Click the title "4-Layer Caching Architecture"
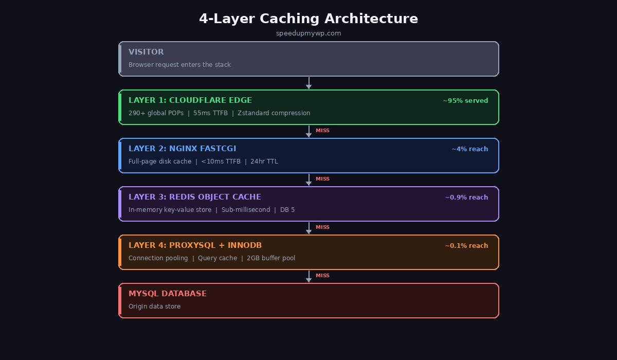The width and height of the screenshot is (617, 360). (x=308, y=19)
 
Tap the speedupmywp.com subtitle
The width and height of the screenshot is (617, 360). (x=308, y=33)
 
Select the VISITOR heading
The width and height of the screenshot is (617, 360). (x=146, y=52)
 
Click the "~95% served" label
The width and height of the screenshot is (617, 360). (x=465, y=101)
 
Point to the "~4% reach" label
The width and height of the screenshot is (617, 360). (x=470, y=149)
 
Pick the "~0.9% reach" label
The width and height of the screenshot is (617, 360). (x=466, y=197)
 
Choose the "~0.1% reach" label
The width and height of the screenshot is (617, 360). (x=466, y=246)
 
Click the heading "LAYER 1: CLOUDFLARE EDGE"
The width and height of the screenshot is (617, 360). (x=190, y=100)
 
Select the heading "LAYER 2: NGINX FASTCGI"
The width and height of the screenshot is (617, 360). (x=183, y=149)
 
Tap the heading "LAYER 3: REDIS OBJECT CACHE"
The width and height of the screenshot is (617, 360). (x=195, y=197)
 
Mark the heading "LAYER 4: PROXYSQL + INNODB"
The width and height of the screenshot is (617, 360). (x=195, y=245)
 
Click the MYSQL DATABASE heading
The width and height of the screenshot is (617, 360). (x=168, y=294)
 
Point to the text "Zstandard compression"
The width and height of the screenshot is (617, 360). (x=274, y=113)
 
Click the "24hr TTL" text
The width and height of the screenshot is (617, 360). (x=264, y=161)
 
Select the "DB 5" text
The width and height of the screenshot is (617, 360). (x=287, y=210)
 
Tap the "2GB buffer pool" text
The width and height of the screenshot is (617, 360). (x=271, y=258)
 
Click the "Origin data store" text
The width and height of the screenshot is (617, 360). (x=154, y=307)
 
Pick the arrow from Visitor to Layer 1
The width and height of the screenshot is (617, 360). (x=308, y=83)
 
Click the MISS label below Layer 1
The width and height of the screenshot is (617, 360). (x=322, y=131)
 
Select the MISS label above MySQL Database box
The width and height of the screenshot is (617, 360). (x=322, y=276)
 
